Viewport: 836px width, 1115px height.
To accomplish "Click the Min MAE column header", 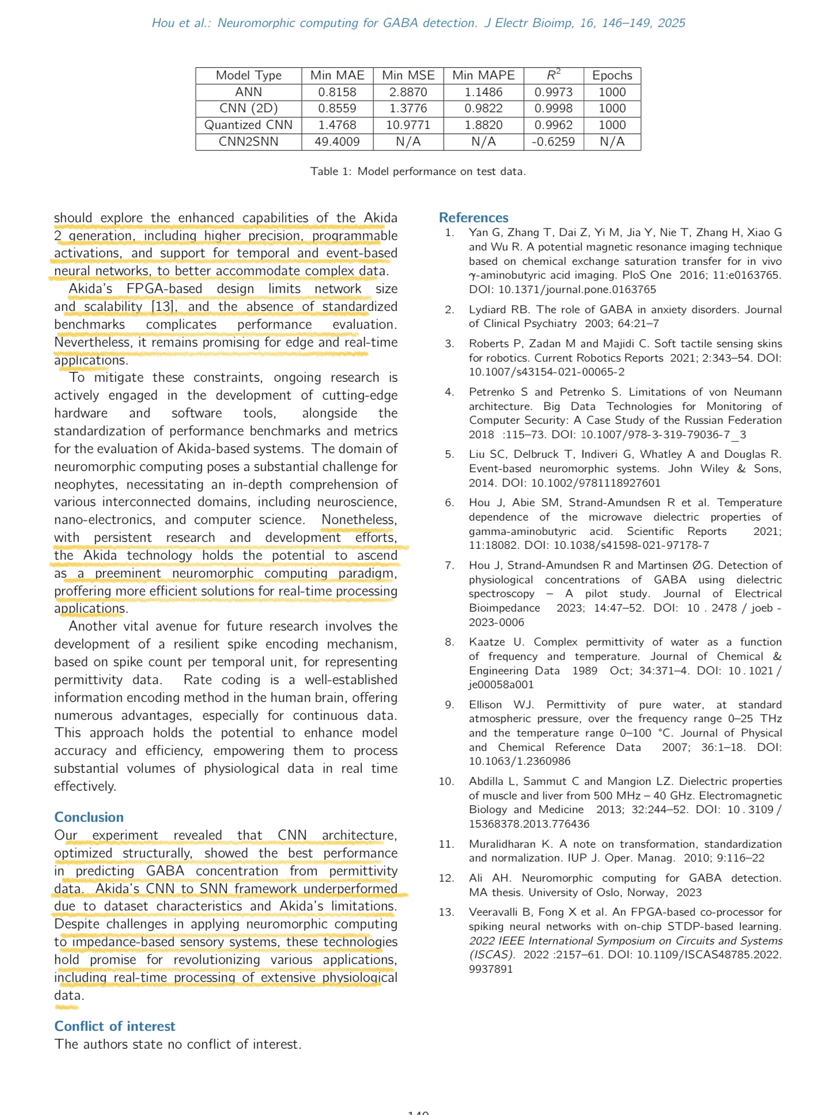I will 337,75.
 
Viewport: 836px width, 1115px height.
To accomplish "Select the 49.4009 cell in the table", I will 337,142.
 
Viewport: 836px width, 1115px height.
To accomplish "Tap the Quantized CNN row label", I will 248,125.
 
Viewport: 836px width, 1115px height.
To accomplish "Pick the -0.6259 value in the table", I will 553,142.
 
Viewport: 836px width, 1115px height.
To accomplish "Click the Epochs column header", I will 612,75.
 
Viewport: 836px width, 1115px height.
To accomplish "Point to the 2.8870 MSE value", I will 408,92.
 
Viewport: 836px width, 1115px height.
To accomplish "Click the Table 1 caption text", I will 418,171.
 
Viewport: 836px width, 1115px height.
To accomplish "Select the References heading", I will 474,218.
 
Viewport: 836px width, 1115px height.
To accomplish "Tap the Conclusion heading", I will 89,817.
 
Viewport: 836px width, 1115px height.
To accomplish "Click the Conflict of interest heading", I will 115,1026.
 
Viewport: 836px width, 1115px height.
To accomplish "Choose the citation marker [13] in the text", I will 164,306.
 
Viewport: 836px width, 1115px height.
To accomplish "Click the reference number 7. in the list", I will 449,566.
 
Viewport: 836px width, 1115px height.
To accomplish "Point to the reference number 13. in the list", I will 447,912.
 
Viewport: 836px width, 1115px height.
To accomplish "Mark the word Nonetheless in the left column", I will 359,519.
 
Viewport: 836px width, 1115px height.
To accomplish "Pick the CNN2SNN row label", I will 248,142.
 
